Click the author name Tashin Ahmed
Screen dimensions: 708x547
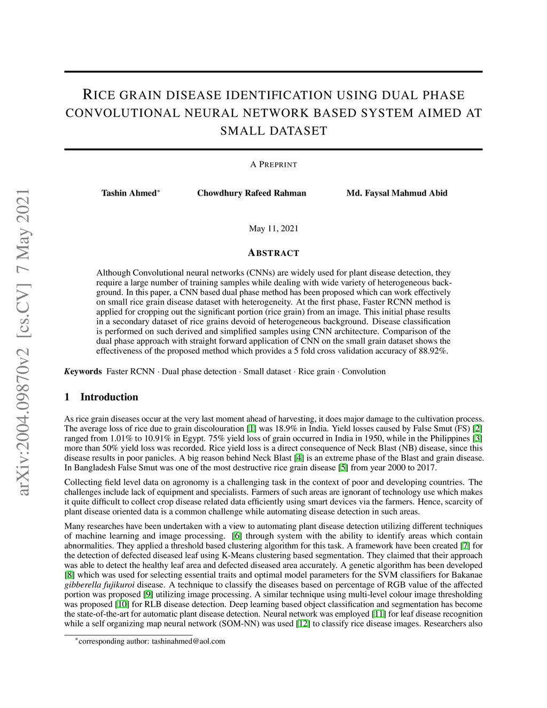tap(129, 193)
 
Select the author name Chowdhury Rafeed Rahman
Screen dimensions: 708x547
tap(252, 193)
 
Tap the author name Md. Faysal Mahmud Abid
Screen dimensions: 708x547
tap(397, 193)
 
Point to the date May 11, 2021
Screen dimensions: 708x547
tap(273, 229)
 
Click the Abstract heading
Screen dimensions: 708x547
tap(273, 253)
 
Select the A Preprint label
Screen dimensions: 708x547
tap(273, 165)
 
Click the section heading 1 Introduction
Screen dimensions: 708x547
tap(101, 397)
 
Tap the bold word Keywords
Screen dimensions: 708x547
tap(83, 371)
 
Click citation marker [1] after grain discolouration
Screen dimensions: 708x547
tap(251, 429)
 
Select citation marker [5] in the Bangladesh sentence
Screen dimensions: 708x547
tap(343, 468)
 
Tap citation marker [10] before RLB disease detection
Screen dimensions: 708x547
tap(122, 604)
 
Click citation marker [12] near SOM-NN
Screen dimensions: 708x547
tap(303, 624)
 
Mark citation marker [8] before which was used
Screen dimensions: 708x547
tap(69, 575)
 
